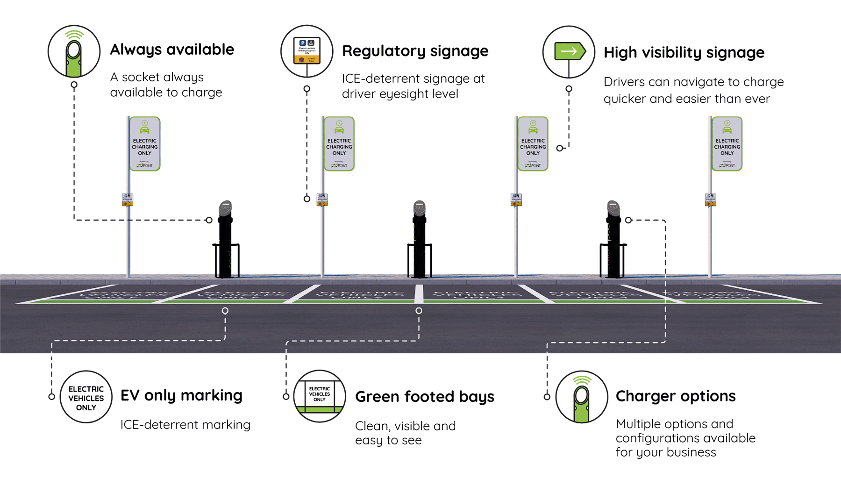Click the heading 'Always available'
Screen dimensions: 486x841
pyautogui.click(x=172, y=50)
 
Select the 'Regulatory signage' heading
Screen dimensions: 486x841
pyautogui.click(x=415, y=51)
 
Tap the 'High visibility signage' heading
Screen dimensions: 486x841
pyautogui.click(x=684, y=53)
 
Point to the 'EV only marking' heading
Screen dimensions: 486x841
pyautogui.click(x=181, y=396)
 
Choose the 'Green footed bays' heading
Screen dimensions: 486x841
pyautogui.click(x=424, y=397)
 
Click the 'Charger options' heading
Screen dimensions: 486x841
pyautogui.click(x=676, y=396)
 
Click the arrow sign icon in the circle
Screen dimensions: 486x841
pyautogui.click(x=569, y=52)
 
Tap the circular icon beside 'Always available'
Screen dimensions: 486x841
pyautogui.click(x=74, y=51)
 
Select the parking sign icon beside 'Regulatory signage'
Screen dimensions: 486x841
pyautogui.click(x=307, y=51)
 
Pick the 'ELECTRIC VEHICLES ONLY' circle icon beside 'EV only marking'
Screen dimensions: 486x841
pyautogui.click(x=86, y=398)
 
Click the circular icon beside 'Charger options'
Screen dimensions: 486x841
pyautogui.click(x=581, y=397)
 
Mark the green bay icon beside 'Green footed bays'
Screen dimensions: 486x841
pyautogui.click(x=320, y=396)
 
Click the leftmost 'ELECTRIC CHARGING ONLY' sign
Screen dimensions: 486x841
pyautogui.click(x=145, y=144)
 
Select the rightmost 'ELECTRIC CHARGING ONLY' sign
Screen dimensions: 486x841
pyautogui.click(x=727, y=144)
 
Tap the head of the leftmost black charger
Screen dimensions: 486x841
pyautogui.click(x=225, y=208)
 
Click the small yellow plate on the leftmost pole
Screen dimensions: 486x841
pyautogui.click(x=128, y=200)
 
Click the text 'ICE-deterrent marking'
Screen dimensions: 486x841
pyautogui.click(x=185, y=425)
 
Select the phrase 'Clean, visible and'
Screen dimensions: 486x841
pyautogui.click(x=405, y=426)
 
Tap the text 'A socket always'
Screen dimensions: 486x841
pyautogui.click(x=157, y=77)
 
